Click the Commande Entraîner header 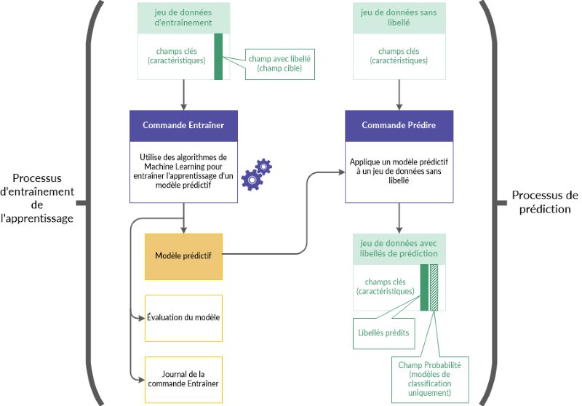tap(183, 125)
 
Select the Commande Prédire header tap(399, 125)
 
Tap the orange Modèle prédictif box tap(183, 256)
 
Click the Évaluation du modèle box tap(183, 318)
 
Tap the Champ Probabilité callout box tap(429, 378)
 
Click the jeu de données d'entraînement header tap(183, 17)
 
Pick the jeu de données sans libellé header tap(399, 17)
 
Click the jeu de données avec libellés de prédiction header tap(399, 248)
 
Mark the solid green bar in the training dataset tap(218, 56)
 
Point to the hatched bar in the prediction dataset tap(434, 287)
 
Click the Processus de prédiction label tap(545, 202)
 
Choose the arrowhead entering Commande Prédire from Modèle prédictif tap(340, 172)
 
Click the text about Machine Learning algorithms tap(183, 171)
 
